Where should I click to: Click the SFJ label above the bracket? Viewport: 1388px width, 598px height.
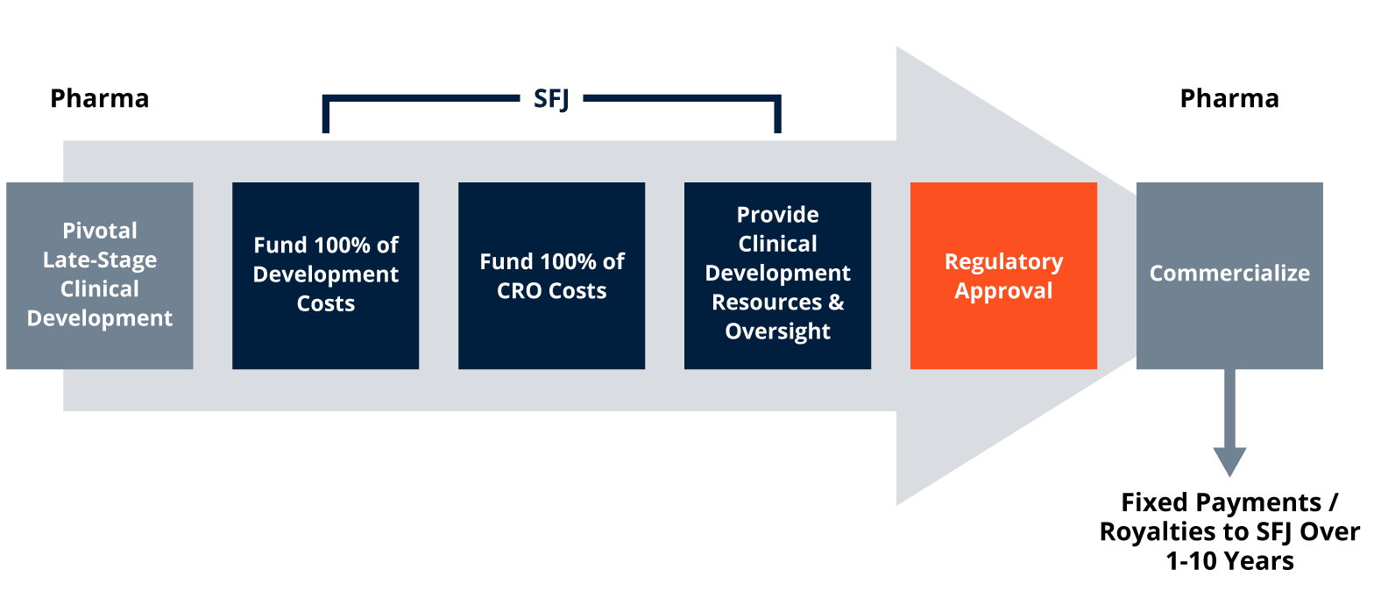[x=551, y=99]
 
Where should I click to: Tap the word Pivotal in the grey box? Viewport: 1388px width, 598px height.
[x=100, y=231]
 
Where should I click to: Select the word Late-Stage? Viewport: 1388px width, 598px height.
[x=100, y=260]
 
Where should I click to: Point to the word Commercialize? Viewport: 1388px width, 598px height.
[x=1229, y=274]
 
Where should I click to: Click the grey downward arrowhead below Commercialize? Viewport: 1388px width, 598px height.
[x=1229, y=461]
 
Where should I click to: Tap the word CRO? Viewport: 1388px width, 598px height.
[x=520, y=291]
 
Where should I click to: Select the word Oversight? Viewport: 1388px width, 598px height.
[x=777, y=331]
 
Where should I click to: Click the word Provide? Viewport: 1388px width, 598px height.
[x=777, y=215]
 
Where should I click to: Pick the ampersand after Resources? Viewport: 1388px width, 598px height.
[x=836, y=303]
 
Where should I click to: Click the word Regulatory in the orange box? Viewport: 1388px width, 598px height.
[x=1003, y=262]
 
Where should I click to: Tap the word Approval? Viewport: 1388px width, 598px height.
[x=1003, y=291]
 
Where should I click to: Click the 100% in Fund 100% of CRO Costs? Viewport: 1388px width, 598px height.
[x=562, y=262]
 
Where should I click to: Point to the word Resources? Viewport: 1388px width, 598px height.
[x=767, y=303]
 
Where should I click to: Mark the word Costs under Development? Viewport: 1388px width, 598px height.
[x=326, y=303]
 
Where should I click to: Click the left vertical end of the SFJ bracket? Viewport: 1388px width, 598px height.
[x=325, y=115]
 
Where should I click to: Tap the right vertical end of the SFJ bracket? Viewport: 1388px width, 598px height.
[x=777, y=115]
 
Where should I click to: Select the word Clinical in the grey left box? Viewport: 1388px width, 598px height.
[x=100, y=289]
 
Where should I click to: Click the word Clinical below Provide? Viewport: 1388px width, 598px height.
[x=777, y=244]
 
